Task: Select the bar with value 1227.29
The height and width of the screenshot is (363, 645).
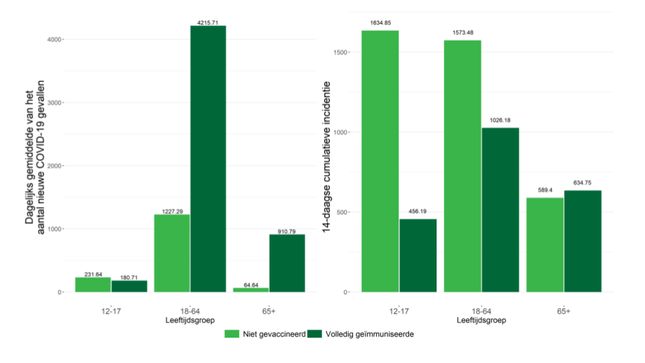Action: pyautogui.click(x=172, y=253)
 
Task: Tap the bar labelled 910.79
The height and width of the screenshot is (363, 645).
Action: pyautogui.click(x=287, y=263)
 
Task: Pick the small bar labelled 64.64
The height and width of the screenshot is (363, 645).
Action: pyautogui.click(x=251, y=289)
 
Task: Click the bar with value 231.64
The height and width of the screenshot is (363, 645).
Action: pyautogui.click(x=93, y=284)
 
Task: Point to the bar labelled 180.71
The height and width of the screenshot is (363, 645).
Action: pyautogui.click(x=129, y=286)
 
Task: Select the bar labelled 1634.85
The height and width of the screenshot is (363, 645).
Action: pyautogui.click(x=380, y=161)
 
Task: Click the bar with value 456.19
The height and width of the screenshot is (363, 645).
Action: pyautogui.click(x=418, y=256)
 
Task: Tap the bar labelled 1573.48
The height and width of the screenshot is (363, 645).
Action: pyautogui.click(x=463, y=166)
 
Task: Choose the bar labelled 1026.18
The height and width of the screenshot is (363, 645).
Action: pyautogui.click(x=500, y=209)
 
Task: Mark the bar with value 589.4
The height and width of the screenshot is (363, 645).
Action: pyautogui.click(x=545, y=244)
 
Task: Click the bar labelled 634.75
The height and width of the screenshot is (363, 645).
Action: pyautogui.click(x=583, y=241)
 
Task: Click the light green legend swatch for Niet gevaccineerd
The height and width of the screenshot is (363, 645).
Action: pyautogui.click(x=232, y=334)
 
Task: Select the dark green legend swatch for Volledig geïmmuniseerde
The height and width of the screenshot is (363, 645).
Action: pyautogui.click(x=316, y=334)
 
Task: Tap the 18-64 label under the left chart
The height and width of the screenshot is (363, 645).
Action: pyautogui.click(x=189, y=310)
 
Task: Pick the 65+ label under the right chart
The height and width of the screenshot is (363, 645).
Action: pyautogui.click(x=564, y=310)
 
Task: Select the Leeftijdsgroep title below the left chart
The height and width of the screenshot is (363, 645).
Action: pyautogui.click(x=189, y=320)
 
